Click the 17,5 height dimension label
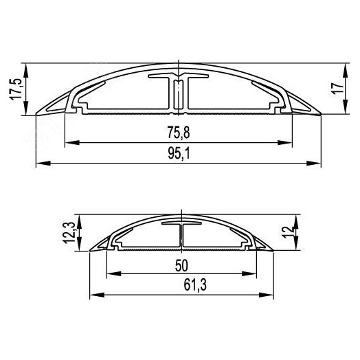[15, 89]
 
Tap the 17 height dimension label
[337, 89]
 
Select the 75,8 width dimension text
[179, 133]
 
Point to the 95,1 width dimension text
[179, 153]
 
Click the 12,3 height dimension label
[69, 232]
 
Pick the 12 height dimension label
[288, 232]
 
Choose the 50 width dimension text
[181, 266]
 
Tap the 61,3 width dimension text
[195, 285]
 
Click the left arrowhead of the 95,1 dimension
[43, 164]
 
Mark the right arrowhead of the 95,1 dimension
[314, 164]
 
